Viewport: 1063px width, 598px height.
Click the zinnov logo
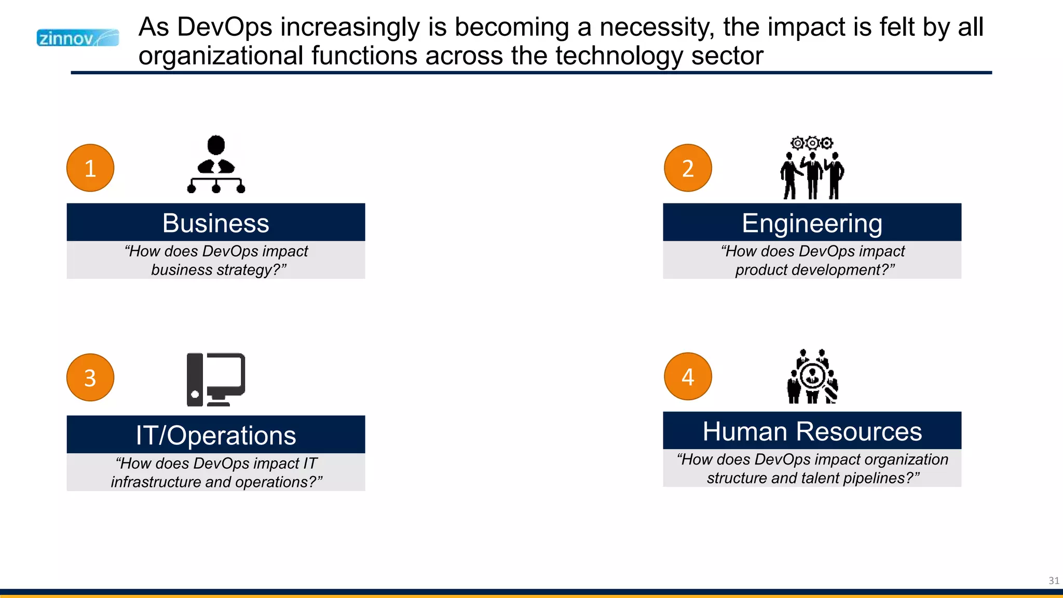click(x=77, y=38)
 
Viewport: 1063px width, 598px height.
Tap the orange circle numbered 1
click(x=90, y=168)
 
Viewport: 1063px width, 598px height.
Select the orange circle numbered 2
click(x=688, y=168)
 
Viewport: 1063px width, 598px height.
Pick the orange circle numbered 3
click(x=90, y=377)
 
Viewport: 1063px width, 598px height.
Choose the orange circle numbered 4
click(x=688, y=376)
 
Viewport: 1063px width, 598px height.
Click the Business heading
click(x=215, y=223)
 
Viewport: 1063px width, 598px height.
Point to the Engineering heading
click(x=812, y=223)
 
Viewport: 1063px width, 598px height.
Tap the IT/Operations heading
click(x=215, y=435)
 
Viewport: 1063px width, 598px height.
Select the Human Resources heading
click(x=812, y=431)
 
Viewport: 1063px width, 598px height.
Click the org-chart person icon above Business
click(x=216, y=165)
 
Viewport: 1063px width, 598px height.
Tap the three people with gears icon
click(x=812, y=168)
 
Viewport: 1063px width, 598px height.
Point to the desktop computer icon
click(x=216, y=379)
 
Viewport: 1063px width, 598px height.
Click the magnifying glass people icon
click(x=812, y=377)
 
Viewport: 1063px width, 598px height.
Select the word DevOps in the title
click(x=224, y=27)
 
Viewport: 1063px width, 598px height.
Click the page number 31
click(x=1054, y=580)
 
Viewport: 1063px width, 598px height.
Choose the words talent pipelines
click(x=856, y=478)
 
